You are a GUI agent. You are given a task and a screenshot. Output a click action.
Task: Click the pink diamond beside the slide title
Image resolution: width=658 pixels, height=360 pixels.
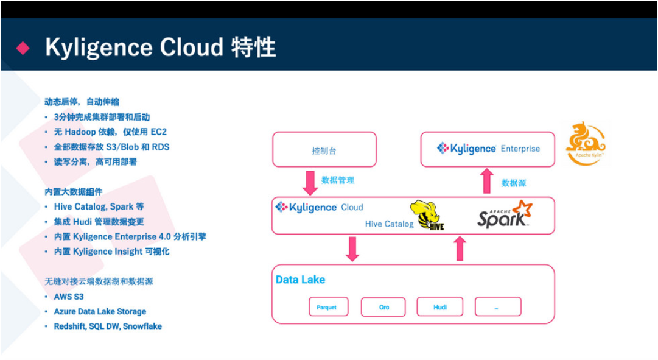[23, 48]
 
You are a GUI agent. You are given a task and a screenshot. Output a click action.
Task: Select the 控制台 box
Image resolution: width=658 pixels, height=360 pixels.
[324, 150]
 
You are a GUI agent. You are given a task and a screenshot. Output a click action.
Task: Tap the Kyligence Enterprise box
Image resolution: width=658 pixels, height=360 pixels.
[488, 149]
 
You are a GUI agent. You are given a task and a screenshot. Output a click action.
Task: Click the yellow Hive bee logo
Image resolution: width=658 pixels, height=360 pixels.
[427, 216]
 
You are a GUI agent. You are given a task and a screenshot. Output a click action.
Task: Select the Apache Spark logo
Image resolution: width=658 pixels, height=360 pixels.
[505, 215]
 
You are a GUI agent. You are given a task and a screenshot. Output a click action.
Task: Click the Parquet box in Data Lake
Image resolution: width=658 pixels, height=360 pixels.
[326, 307]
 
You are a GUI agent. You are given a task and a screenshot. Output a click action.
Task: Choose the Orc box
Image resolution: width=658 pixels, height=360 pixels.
[383, 307]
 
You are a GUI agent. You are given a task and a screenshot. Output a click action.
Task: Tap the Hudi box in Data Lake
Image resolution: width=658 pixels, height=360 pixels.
[439, 307]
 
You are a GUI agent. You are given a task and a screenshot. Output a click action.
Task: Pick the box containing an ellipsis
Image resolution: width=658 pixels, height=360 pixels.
[497, 307]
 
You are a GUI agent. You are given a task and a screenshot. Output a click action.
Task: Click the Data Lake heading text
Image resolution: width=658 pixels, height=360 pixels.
[301, 280]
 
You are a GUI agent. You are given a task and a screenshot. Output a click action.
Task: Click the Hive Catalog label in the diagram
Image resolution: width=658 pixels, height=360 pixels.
[389, 224]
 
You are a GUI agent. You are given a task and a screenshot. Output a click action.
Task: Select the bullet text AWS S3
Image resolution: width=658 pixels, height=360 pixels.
[69, 297]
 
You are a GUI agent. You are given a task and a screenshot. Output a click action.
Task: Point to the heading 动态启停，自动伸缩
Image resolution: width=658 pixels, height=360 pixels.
[82, 102]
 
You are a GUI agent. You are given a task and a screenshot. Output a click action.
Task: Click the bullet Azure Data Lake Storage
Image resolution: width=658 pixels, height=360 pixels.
[100, 311]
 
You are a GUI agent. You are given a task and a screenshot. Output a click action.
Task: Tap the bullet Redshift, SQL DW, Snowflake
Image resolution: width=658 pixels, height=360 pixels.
[108, 326]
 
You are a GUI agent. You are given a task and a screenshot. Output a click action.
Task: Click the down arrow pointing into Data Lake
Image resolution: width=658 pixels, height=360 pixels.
[352, 249]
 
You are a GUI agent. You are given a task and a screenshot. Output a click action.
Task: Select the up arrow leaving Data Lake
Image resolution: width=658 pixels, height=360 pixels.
[460, 249]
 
